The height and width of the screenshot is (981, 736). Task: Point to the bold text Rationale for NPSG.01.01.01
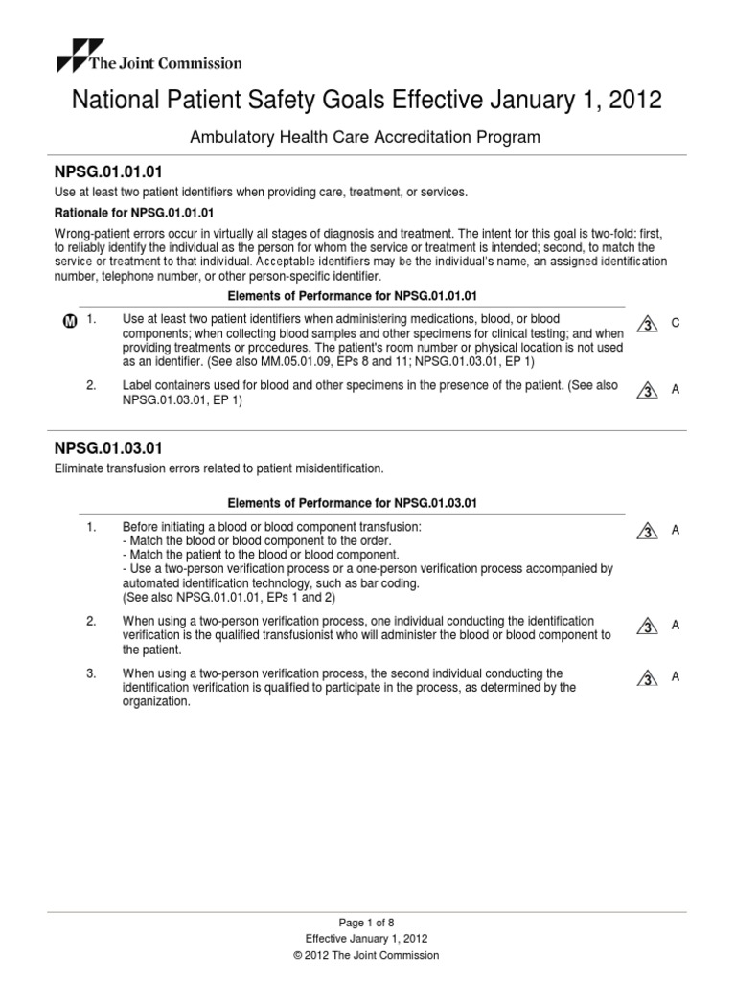tap(134, 212)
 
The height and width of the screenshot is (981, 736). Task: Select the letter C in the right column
tap(676, 324)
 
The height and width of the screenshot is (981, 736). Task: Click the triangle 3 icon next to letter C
tap(648, 325)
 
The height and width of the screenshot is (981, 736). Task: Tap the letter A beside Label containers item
tap(676, 390)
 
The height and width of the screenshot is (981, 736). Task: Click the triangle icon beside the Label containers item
tap(648, 391)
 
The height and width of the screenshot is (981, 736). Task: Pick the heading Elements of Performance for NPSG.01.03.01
tap(351, 502)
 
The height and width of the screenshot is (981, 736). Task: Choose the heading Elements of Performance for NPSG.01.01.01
tap(351, 295)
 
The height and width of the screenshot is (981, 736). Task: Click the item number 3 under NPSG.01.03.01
tap(91, 673)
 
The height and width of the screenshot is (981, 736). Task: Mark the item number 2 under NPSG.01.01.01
tap(91, 384)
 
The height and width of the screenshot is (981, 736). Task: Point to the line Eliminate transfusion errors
tap(219, 468)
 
